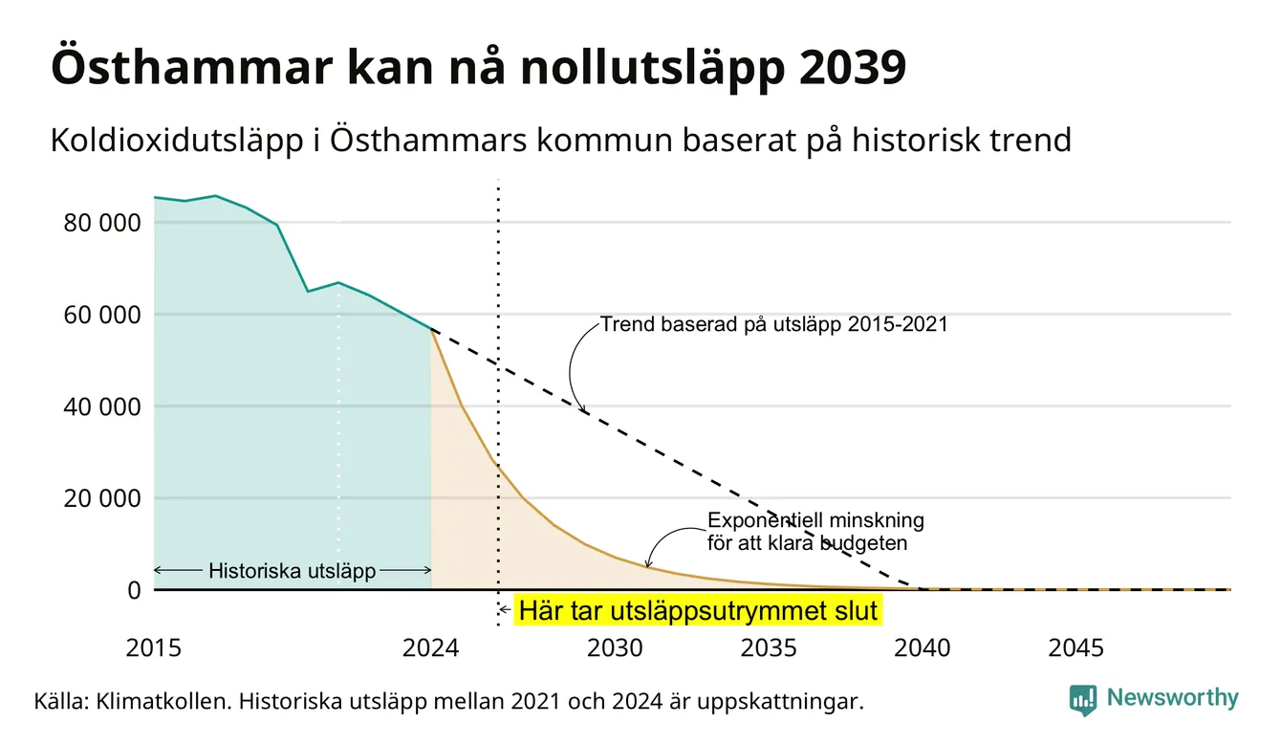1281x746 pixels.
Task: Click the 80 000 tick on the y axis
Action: tap(101, 223)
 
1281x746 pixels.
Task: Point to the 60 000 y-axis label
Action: tap(101, 315)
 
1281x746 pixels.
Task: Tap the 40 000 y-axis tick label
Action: tap(101, 406)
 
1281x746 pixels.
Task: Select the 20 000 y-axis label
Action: tap(101, 498)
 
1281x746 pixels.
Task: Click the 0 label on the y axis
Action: tap(134, 590)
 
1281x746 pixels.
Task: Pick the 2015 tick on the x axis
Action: tap(153, 648)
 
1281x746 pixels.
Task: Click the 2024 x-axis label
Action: tap(430, 648)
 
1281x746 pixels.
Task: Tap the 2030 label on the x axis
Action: tap(615, 648)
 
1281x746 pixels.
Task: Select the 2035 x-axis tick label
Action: tap(769, 648)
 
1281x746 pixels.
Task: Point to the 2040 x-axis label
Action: tap(922, 648)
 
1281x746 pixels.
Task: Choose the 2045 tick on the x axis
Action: tap(1075, 648)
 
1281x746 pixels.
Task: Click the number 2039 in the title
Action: tap(852, 68)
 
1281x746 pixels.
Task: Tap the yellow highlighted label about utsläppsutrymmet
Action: tap(698, 610)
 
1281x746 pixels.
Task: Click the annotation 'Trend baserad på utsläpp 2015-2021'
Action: tap(773, 324)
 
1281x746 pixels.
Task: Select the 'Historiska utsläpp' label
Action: tap(293, 571)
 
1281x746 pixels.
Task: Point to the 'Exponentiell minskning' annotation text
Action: tap(815, 520)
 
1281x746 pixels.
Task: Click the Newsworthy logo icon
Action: tap(1083, 700)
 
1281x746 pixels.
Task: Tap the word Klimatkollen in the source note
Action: tap(163, 701)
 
